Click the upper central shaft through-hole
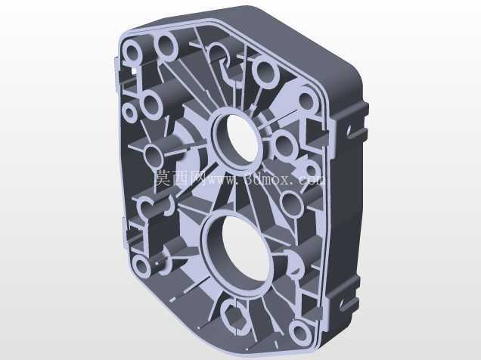point(237,138)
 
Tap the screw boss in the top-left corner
point(133,51)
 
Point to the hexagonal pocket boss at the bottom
point(236,317)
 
